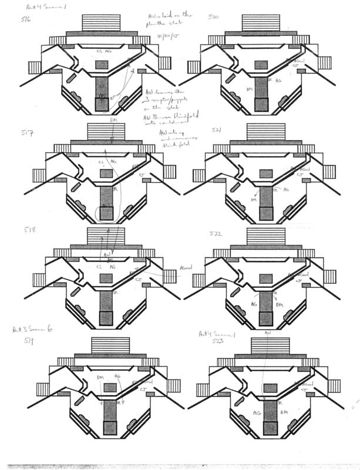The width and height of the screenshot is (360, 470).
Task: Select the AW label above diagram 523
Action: coord(267,333)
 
